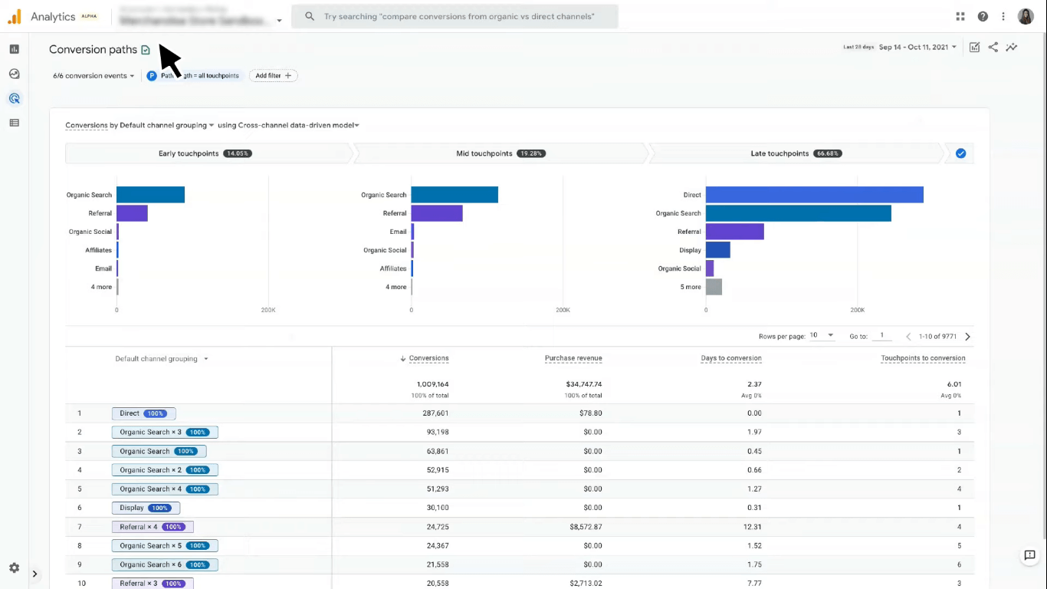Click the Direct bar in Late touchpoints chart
(x=814, y=195)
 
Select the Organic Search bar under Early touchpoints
(x=150, y=195)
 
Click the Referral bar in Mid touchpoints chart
(x=436, y=213)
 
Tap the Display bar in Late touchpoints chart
(x=717, y=250)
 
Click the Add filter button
(x=273, y=76)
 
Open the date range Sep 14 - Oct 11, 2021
(x=917, y=48)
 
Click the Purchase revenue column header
(x=573, y=358)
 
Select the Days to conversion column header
(x=730, y=358)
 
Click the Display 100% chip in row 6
(x=146, y=508)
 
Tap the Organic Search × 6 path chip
(x=165, y=564)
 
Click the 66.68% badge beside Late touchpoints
(x=827, y=153)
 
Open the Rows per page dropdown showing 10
(x=822, y=336)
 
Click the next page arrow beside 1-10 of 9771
(x=967, y=337)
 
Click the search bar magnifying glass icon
(x=310, y=16)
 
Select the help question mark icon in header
(x=983, y=16)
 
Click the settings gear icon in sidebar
(x=14, y=568)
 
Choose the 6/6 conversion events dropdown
(x=94, y=76)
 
